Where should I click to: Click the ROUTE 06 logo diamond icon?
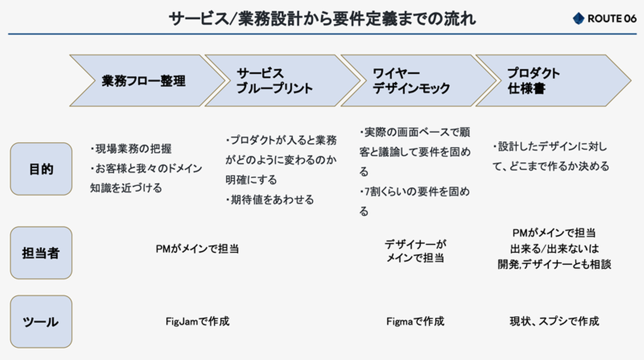click(x=578, y=18)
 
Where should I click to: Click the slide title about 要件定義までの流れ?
click(x=322, y=19)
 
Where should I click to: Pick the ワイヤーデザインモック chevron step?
click(x=411, y=81)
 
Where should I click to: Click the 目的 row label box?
click(x=41, y=169)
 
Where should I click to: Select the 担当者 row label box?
click(x=41, y=253)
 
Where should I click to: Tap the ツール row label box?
click(x=41, y=322)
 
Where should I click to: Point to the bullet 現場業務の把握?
click(x=131, y=148)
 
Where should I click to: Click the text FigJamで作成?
click(x=197, y=322)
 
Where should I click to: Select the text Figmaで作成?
click(x=415, y=322)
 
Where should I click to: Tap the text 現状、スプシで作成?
click(x=554, y=322)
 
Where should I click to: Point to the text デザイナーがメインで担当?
click(x=415, y=251)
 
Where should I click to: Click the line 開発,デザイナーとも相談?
click(x=554, y=264)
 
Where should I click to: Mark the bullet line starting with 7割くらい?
click(x=415, y=192)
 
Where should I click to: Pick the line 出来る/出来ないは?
click(x=554, y=249)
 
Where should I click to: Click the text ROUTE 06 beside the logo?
click(x=611, y=19)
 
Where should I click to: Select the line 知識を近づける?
click(x=126, y=188)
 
